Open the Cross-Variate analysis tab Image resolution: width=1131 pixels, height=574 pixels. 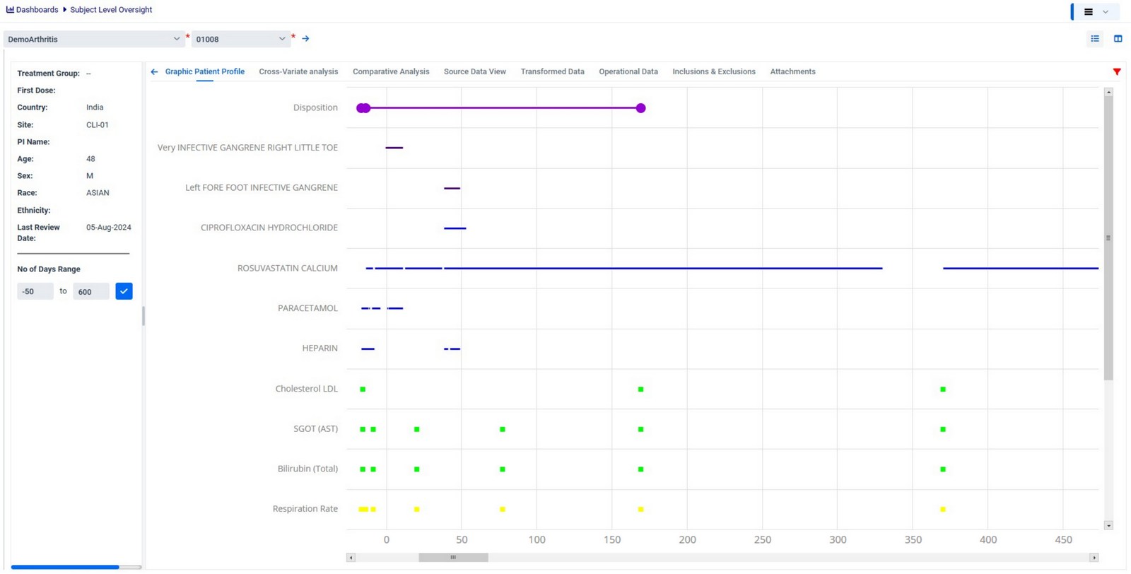tap(298, 71)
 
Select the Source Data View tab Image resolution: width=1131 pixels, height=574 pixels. tap(474, 71)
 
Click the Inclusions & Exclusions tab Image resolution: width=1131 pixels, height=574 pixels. tap(713, 71)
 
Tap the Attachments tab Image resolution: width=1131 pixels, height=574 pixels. tap(792, 71)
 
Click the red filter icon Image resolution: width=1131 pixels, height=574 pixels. tap(1117, 71)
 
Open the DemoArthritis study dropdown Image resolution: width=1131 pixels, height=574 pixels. tap(94, 39)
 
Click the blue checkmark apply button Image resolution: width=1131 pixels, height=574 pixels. tap(124, 291)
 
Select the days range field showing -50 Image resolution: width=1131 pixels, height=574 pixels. tap(35, 291)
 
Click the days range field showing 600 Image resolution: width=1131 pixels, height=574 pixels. tap(90, 291)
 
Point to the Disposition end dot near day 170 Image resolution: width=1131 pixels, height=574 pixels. tap(640, 108)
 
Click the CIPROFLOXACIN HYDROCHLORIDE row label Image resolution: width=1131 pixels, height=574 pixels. tap(269, 228)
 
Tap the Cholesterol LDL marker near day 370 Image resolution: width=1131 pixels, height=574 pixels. tap(943, 389)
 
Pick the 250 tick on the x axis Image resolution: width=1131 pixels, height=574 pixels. tap(762, 540)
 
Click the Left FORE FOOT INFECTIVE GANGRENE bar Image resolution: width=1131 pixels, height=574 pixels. tap(452, 188)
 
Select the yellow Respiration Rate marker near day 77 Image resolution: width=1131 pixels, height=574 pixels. tap(503, 509)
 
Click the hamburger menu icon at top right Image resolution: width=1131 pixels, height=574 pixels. tap(1089, 11)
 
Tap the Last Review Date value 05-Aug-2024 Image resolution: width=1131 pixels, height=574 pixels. tap(108, 228)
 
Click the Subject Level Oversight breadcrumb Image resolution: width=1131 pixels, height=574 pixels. tap(111, 10)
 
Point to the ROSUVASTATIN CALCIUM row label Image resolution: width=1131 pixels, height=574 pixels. tap(287, 268)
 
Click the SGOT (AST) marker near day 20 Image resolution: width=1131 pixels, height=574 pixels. tap(416, 429)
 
